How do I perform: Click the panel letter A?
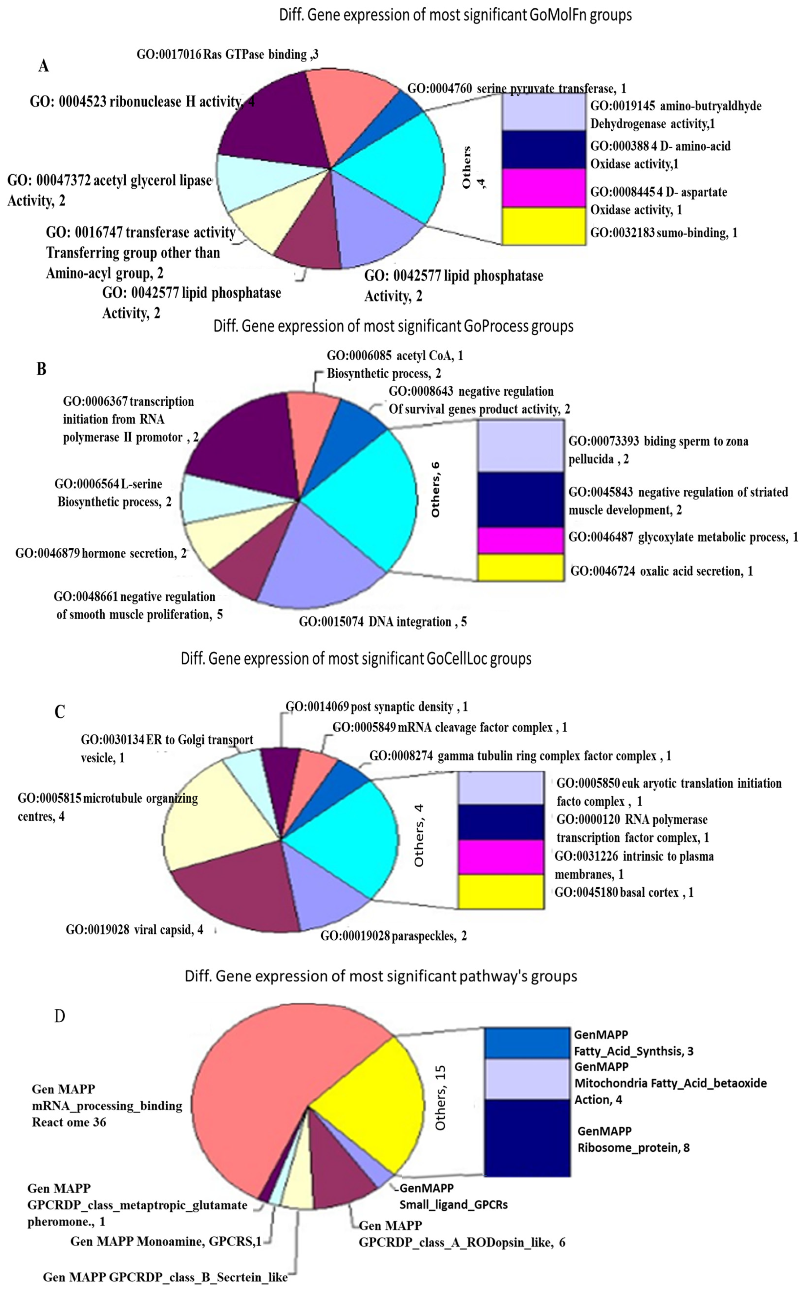coord(44,66)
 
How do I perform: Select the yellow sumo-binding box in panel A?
coord(544,226)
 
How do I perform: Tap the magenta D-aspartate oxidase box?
coord(544,188)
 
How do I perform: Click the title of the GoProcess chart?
coord(393,326)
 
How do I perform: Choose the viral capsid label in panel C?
coord(134,930)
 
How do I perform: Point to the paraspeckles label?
coord(393,936)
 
